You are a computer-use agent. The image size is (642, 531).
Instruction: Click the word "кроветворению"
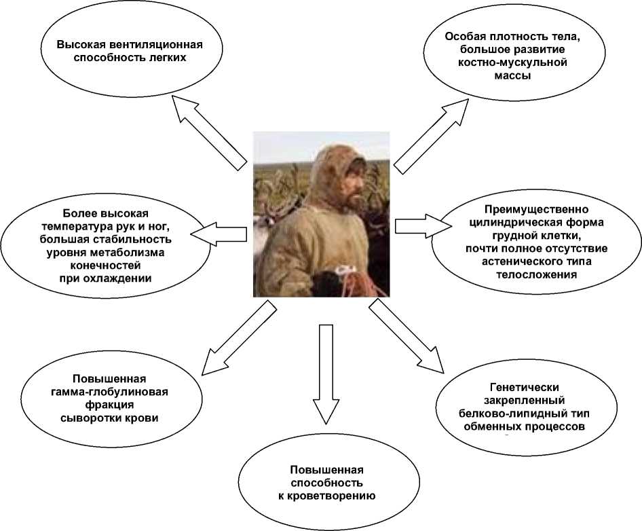pyautogui.click(x=326, y=496)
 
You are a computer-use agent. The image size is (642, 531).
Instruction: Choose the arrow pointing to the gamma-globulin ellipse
pyautogui.click(x=237, y=339)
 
